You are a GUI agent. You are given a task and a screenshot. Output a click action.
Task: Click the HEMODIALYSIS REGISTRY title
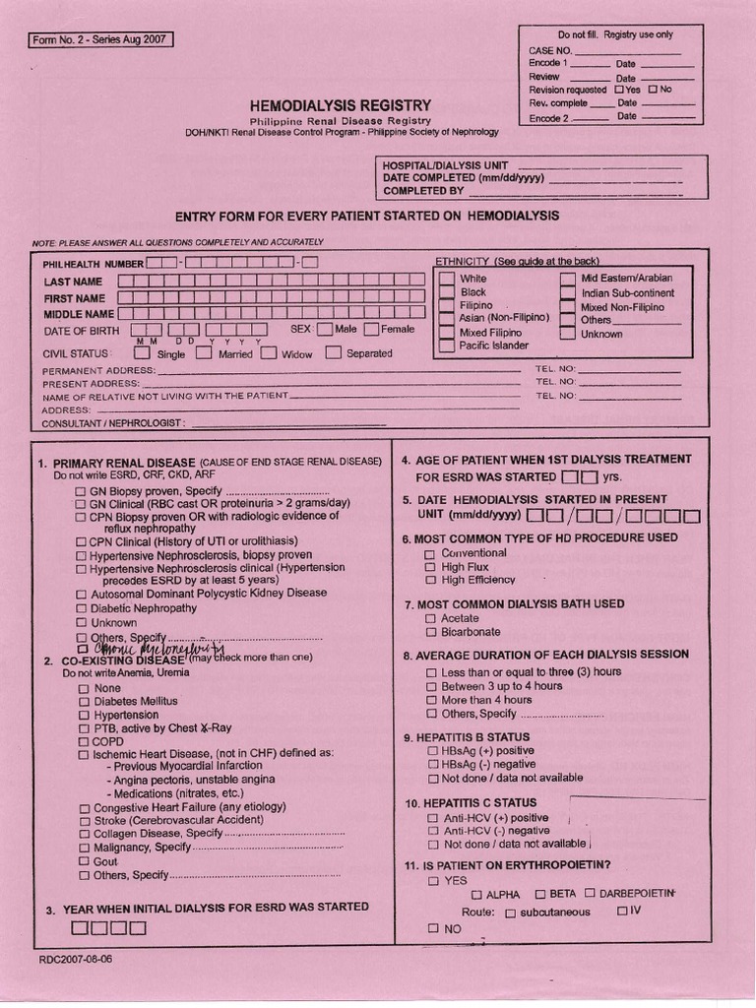click(x=340, y=104)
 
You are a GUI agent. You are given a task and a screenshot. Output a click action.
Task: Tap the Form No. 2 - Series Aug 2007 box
click(x=101, y=40)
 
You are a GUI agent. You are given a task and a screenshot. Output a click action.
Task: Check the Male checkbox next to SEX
click(x=325, y=330)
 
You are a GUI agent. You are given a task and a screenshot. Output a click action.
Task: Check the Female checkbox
click(x=371, y=330)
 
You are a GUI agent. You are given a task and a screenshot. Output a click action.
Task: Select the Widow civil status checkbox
click(x=268, y=353)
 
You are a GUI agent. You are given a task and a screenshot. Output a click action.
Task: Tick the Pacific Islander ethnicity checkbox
click(x=447, y=346)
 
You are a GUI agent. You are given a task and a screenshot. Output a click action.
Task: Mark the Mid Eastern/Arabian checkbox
click(x=568, y=279)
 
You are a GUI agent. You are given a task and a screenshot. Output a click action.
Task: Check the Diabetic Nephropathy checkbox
click(x=83, y=609)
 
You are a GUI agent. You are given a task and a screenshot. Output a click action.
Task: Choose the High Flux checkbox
click(x=429, y=568)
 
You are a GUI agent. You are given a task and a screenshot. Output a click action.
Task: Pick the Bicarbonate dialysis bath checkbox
click(x=429, y=632)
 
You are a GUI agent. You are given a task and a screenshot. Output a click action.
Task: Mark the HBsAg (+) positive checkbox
click(x=432, y=751)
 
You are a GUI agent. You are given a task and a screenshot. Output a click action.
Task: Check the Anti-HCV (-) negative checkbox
click(x=432, y=831)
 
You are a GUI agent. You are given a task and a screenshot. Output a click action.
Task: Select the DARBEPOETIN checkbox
click(x=589, y=894)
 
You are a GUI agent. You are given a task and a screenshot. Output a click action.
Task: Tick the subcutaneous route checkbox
click(x=510, y=913)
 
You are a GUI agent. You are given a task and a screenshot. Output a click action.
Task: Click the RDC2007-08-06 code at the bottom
click(x=76, y=959)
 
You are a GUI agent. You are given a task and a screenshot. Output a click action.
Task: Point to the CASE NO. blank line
click(x=626, y=50)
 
